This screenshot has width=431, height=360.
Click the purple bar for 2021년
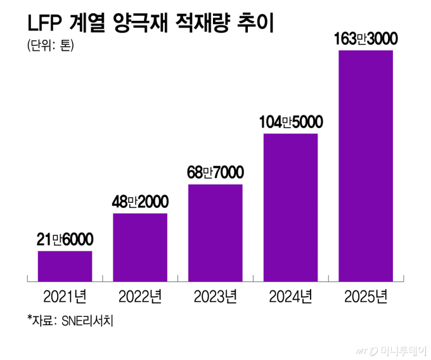[65, 266]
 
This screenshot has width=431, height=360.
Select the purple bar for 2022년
[140, 247]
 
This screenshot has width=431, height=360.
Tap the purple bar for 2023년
[215, 232]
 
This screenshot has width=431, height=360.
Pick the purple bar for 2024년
[290, 207]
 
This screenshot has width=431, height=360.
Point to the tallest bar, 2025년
[366, 165]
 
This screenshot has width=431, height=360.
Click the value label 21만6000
[65, 240]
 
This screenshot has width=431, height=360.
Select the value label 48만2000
[140, 202]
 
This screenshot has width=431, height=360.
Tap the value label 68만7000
[215, 172]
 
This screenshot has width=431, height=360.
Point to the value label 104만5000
[291, 122]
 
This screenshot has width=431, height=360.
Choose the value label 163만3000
[366, 39]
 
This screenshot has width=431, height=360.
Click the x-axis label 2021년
[65, 296]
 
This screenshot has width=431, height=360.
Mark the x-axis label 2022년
[140, 296]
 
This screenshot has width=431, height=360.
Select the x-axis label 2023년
[215, 296]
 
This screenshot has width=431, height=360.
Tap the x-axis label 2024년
[290, 296]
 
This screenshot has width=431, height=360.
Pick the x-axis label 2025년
[366, 296]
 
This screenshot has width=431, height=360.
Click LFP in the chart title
[43, 24]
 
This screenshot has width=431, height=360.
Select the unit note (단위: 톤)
[50, 46]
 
